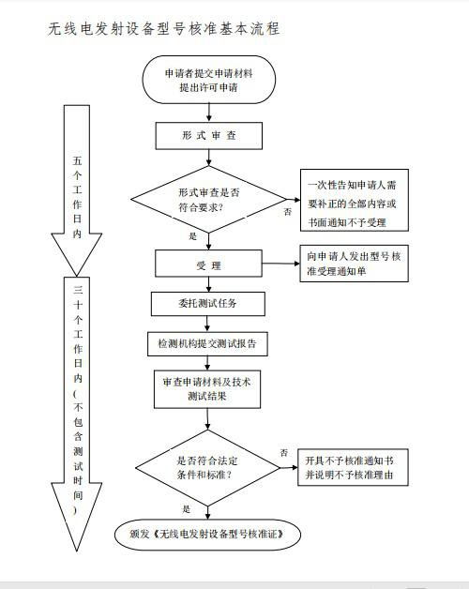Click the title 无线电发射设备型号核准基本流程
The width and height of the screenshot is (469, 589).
click(x=163, y=29)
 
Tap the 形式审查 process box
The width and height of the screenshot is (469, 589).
click(x=208, y=136)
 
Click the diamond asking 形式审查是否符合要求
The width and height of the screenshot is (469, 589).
click(x=208, y=199)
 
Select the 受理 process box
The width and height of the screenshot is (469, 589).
click(x=208, y=265)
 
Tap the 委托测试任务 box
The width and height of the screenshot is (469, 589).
click(x=208, y=304)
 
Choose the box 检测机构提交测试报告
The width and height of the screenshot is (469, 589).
click(x=208, y=343)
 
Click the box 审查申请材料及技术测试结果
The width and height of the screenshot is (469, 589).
click(x=208, y=389)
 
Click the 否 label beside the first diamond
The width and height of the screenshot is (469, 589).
click(x=286, y=213)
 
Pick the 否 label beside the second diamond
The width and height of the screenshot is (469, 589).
click(x=283, y=452)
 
